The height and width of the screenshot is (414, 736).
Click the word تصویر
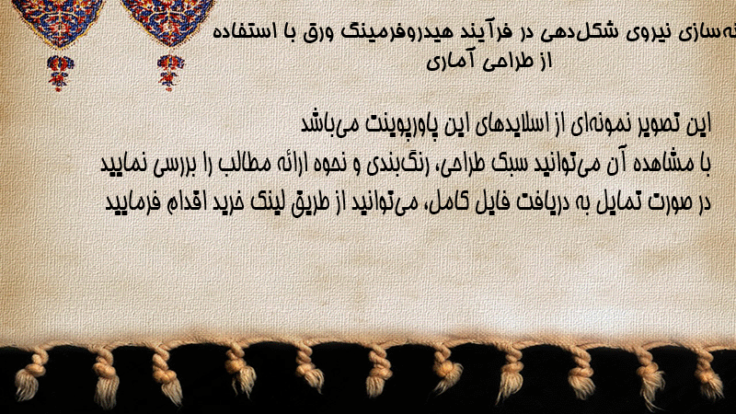click(657, 124)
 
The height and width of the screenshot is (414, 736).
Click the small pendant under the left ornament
click(60, 73)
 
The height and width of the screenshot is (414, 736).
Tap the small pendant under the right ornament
click(170, 73)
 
